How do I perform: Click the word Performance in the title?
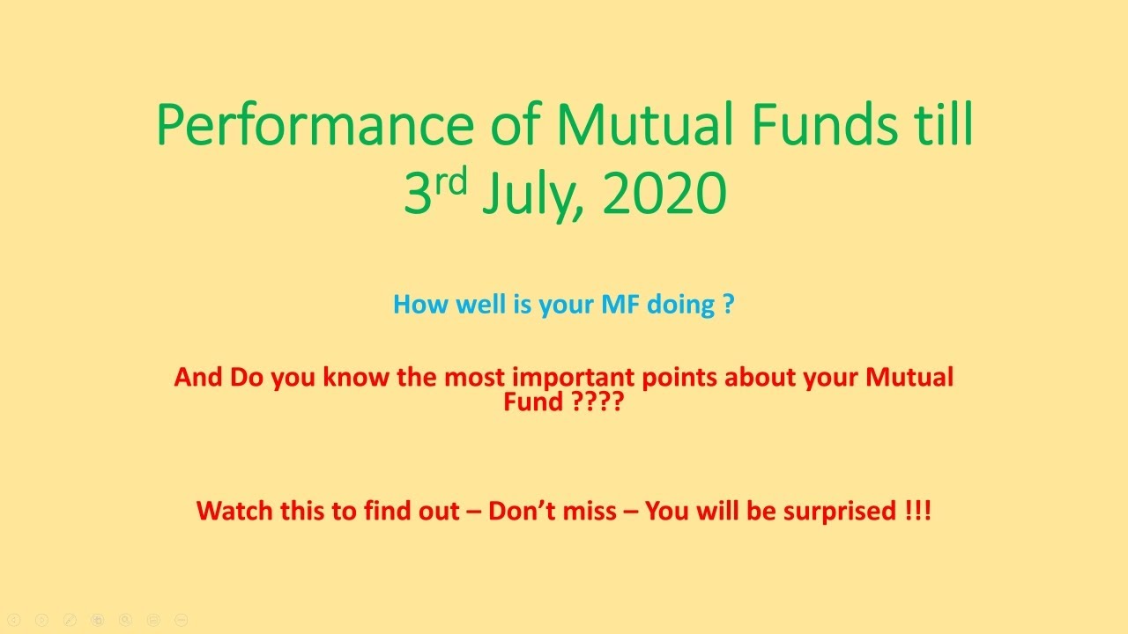click(315, 125)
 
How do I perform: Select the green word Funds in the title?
click(824, 124)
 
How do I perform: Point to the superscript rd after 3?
click(451, 181)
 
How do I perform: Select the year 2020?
click(664, 193)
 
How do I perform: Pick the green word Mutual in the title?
click(645, 124)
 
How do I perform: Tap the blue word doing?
click(680, 306)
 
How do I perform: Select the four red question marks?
click(598, 402)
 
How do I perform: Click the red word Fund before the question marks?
click(533, 402)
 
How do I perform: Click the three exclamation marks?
click(917, 510)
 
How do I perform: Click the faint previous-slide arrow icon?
click(14, 620)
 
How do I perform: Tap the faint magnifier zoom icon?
click(125, 620)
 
